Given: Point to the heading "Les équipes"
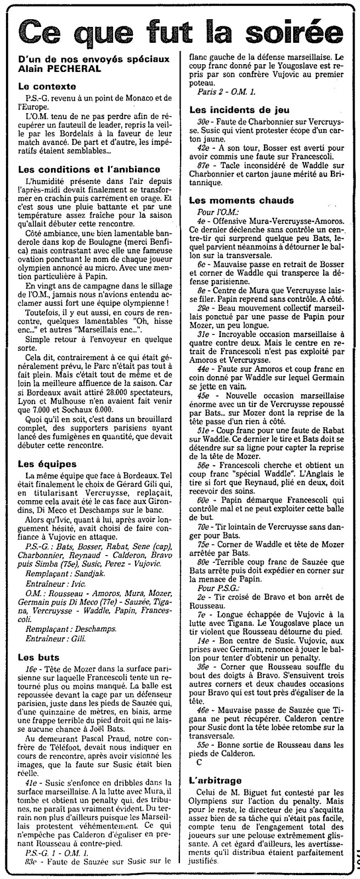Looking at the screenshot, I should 47,464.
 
